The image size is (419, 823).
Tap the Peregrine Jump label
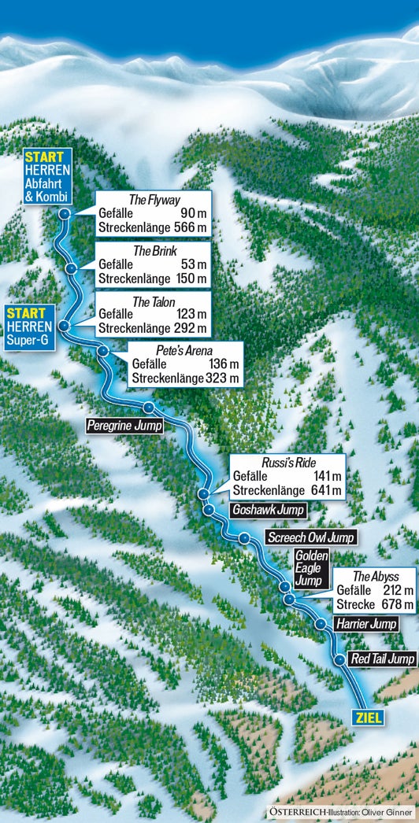pyautogui.click(x=124, y=426)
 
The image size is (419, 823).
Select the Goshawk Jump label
pyautogui.click(x=269, y=510)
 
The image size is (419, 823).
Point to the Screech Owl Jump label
pyautogui.click(x=310, y=538)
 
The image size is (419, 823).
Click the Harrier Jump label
pyautogui.click(x=366, y=624)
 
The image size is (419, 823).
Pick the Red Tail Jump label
pyautogui.click(x=382, y=659)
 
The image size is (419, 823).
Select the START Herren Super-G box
pyautogui.click(x=31, y=327)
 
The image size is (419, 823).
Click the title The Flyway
pyautogui.click(x=154, y=200)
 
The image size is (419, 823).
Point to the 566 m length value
pyautogui.click(x=191, y=227)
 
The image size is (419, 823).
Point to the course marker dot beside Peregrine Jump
pyautogui.click(x=148, y=407)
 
